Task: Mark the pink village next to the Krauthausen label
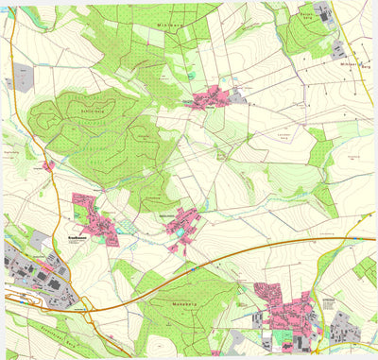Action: pyautogui.click(x=94, y=216)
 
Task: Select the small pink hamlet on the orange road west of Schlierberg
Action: pyautogui.click(x=48, y=166)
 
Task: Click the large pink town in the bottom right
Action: pyautogui.click(x=288, y=312)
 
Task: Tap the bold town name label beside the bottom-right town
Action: pyautogui.click(x=328, y=300)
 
